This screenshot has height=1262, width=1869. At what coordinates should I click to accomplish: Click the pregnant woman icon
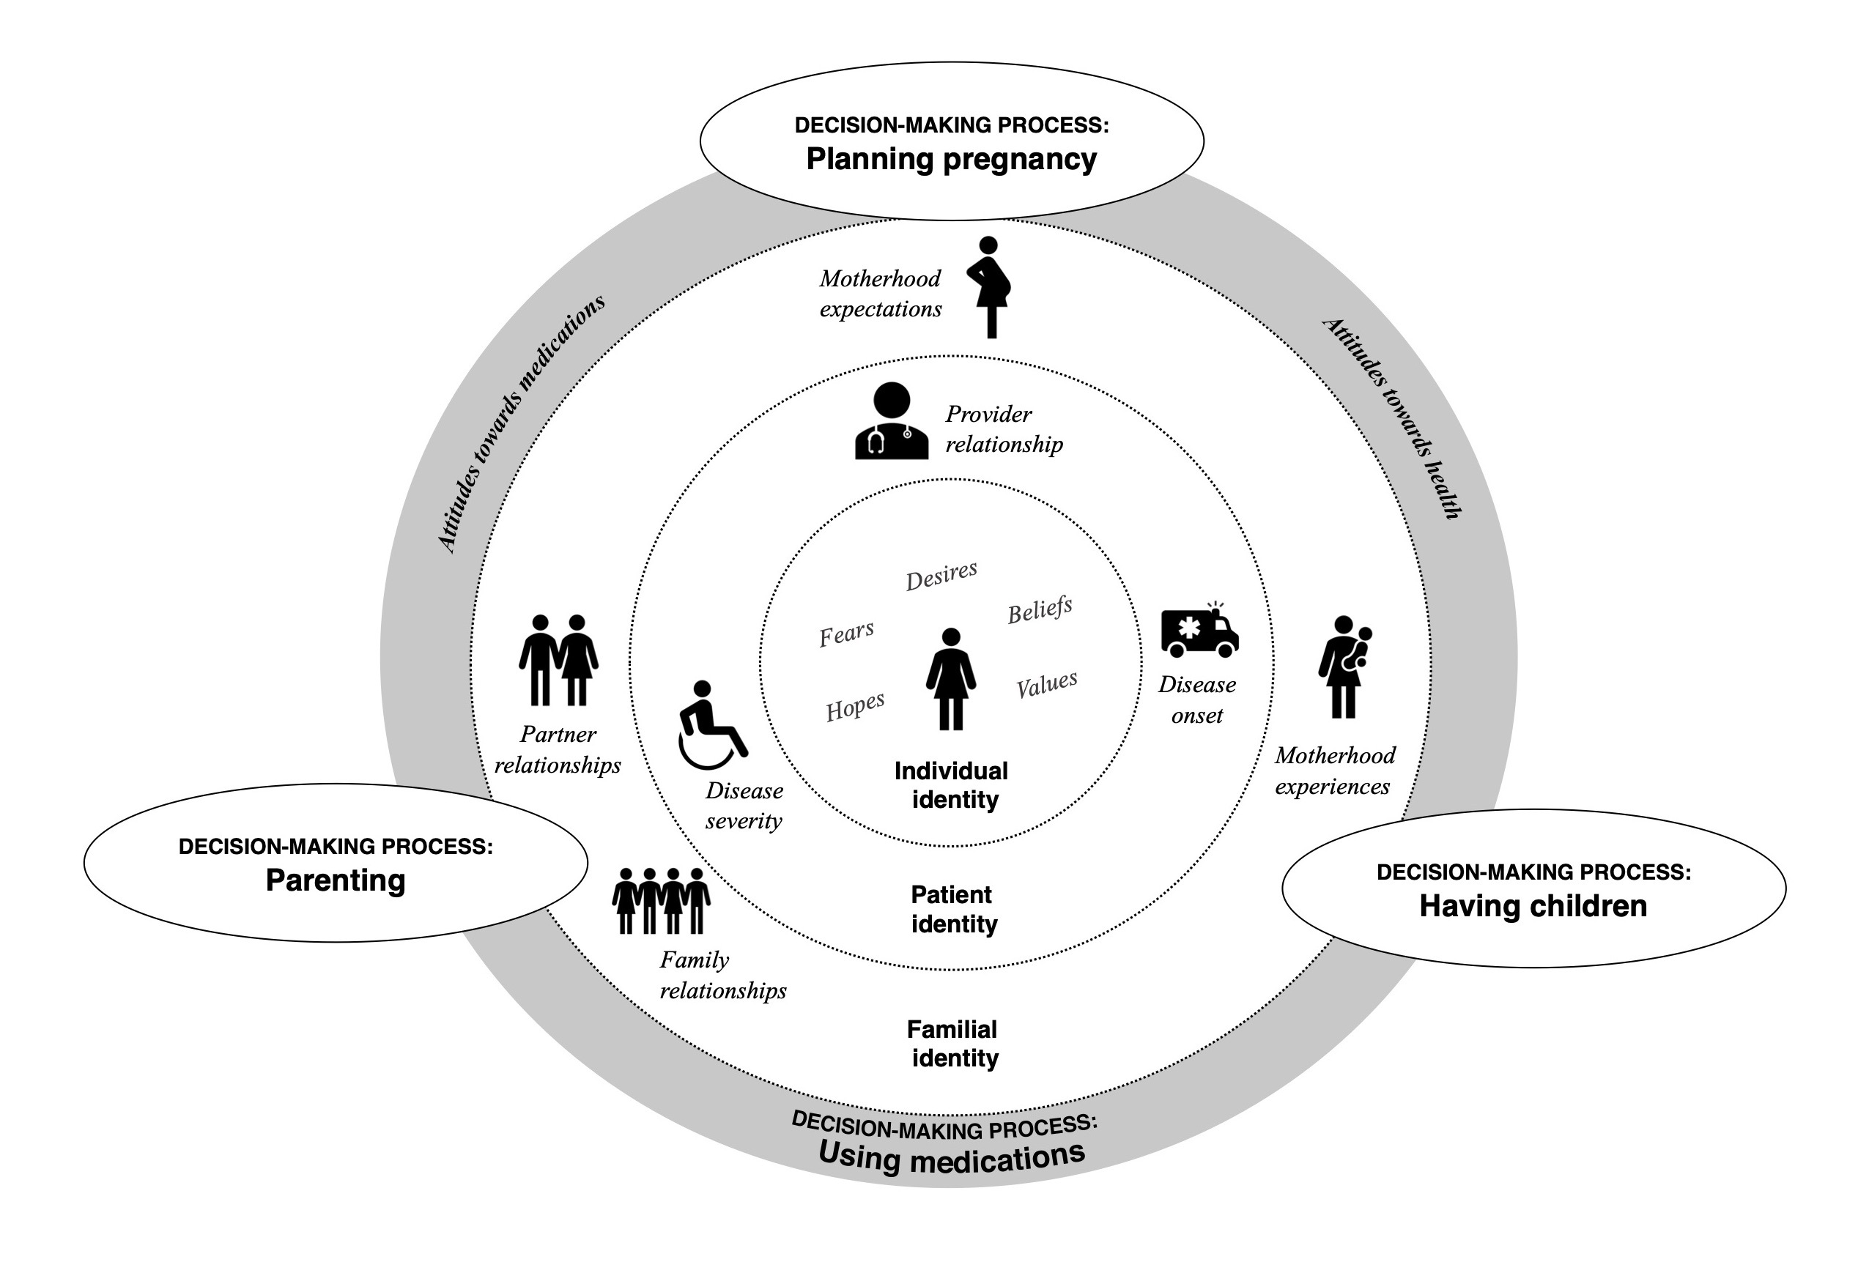coord(990,287)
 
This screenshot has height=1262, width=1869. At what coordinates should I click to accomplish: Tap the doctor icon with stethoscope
coord(891,421)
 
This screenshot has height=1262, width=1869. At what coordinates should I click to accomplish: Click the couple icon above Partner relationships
coord(558,660)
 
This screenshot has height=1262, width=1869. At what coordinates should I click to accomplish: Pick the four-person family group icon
coord(661,900)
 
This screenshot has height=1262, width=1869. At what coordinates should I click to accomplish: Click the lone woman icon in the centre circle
coord(950,679)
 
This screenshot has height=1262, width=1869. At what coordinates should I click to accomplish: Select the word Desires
coord(941,576)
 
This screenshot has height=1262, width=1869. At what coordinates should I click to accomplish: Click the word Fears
coord(846,634)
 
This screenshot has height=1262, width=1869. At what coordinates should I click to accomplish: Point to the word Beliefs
coord(1040,610)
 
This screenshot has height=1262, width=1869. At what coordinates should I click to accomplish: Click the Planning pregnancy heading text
coord(952,159)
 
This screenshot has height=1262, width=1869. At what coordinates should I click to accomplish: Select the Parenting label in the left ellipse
coord(336,880)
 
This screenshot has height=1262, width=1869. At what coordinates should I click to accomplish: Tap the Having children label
coord(1533,906)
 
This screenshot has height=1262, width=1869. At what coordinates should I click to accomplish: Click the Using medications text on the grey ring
coord(952,1157)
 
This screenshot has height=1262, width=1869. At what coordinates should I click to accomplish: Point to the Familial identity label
coord(953,1043)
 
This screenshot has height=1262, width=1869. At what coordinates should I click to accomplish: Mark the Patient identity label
coord(953,909)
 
